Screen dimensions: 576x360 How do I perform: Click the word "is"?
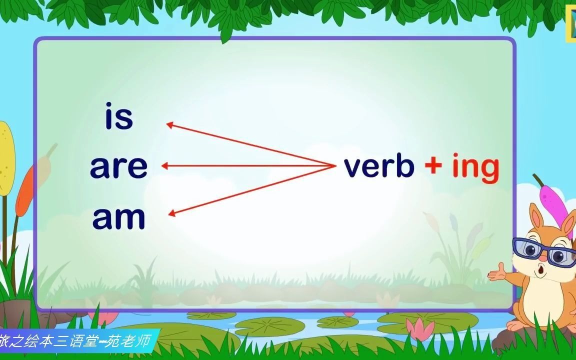[x=119, y=116]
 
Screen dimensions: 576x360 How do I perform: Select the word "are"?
[x=118, y=167]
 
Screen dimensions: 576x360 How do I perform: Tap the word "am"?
[x=118, y=218]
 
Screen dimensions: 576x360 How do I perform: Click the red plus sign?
[x=433, y=164]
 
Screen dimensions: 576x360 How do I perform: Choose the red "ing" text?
[x=475, y=167]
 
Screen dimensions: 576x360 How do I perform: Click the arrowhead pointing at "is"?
[x=169, y=125]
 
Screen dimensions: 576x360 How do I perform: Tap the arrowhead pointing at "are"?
[x=164, y=166]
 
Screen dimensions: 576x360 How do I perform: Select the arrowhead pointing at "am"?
[x=171, y=212]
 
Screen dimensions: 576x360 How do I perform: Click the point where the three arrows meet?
[x=335, y=166]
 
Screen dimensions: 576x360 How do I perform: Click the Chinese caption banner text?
[x=75, y=341]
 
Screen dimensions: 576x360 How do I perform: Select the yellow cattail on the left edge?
[x=6, y=158]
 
